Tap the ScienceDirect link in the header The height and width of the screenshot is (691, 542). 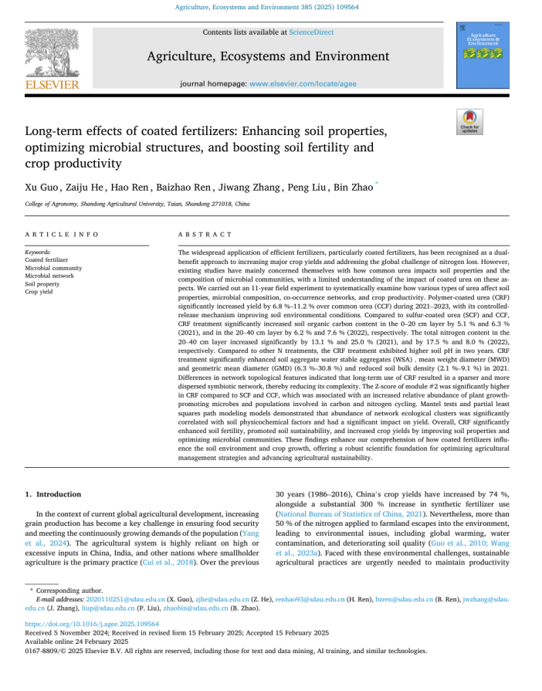click(311, 32)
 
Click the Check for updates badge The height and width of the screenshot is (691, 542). click(469, 123)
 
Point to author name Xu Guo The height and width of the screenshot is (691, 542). click(41, 188)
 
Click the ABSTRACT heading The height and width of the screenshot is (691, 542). click(205, 234)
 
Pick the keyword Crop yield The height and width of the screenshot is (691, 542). click(39, 292)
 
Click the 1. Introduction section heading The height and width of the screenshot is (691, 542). click(53, 494)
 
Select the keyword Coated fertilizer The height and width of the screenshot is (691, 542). click(46, 260)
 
